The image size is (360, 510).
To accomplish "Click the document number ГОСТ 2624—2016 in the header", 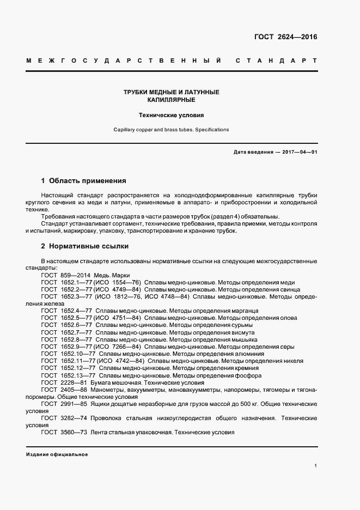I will [285, 37].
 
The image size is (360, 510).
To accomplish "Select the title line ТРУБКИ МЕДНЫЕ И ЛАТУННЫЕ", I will [171, 93].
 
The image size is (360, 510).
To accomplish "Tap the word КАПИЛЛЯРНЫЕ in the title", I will [171, 100].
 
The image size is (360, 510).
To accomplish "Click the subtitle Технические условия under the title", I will [171, 116].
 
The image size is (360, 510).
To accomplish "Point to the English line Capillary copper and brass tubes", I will [171, 130].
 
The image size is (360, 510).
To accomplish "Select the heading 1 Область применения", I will [83, 180].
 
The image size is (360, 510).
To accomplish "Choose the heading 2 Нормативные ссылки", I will [82, 247].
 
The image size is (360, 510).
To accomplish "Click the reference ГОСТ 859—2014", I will [66, 275].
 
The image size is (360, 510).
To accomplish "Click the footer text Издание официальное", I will [57, 454].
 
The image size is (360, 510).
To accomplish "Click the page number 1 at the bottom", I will [316, 466].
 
